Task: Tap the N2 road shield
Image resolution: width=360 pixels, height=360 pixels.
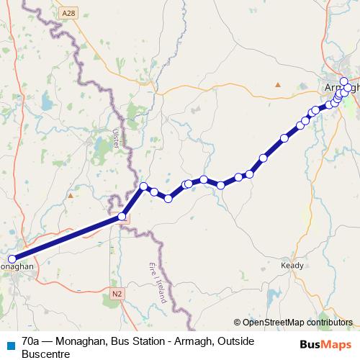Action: click(x=117, y=294)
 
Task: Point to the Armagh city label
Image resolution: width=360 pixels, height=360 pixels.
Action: click(x=336, y=87)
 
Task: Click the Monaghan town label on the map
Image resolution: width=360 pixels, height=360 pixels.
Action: click(x=17, y=266)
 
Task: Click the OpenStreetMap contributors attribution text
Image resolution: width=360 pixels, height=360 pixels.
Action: click(x=297, y=322)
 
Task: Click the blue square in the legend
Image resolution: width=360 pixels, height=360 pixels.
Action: click(x=10, y=345)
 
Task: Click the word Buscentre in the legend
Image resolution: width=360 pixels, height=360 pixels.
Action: click(x=46, y=353)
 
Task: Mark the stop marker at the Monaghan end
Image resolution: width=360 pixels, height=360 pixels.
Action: click(x=12, y=259)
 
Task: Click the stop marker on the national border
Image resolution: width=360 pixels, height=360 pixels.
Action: click(x=122, y=216)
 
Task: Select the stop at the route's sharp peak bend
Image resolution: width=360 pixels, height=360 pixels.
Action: click(x=143, y=187)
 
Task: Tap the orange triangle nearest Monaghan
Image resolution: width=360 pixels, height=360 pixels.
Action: click(x=70, y=195)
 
